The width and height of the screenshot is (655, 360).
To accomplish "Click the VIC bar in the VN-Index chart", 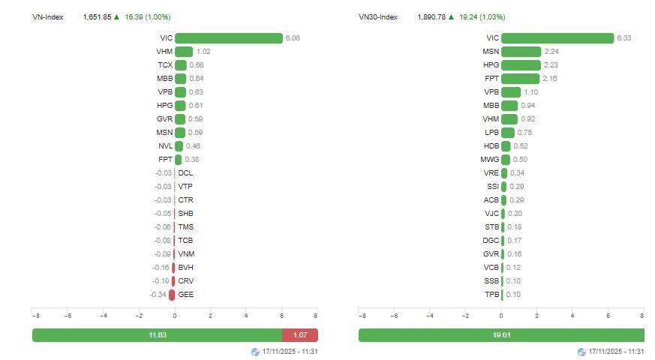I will (229, 38).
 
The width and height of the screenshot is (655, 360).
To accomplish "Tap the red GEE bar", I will (172, 295).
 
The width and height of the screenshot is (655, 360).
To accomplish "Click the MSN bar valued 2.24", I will (521, 52).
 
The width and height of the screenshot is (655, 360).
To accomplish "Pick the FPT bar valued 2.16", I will (520, 79).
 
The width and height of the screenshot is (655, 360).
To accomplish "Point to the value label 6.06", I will (293, 38).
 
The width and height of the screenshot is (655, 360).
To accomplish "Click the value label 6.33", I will (624, 38).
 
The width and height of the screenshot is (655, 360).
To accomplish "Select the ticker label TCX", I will (165, 65).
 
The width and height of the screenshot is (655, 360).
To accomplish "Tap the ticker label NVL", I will (165, 146).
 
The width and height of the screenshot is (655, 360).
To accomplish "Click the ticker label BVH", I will (185, 268).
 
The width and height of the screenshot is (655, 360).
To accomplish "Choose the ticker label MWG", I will (489, 160).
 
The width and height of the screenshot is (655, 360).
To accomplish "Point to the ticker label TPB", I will (491, 295).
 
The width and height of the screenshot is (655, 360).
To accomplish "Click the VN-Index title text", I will (48, 16).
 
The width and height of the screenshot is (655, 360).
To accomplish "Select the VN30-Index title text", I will (378, 16).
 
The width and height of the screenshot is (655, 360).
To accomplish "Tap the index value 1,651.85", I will (97, 16).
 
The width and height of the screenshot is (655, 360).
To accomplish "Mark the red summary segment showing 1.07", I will (300, 335).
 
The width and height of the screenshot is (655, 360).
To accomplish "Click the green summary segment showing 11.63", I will (157, 335).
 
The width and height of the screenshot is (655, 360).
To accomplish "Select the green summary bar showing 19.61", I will (501, 335).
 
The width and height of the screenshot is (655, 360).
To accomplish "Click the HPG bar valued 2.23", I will (521, 65).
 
